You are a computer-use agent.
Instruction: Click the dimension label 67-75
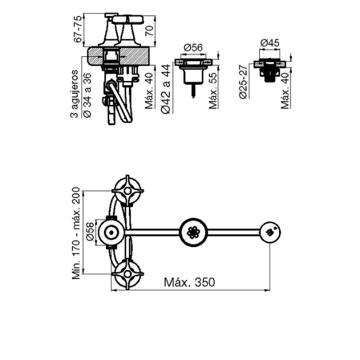[78, 29]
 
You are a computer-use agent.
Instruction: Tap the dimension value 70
[149, 31]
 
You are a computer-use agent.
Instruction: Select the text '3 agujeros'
[74, 94]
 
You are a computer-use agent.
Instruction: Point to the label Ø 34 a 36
[87, 95]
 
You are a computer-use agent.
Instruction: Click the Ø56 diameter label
[193, 47]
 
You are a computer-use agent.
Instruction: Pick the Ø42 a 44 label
[166, 89]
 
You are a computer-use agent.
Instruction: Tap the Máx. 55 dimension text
[213, 91]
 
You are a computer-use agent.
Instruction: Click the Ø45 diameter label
[270, 43]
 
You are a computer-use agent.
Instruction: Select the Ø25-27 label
[243, 82]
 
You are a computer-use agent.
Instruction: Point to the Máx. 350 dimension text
[190, 282]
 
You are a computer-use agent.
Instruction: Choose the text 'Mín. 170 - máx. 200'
[76, 233]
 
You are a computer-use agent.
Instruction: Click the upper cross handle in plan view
[127, 191]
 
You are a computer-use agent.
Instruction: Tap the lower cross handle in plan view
[127, 274]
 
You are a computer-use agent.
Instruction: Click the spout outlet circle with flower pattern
[193, 232]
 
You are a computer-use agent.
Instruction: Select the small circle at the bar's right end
[270, 232]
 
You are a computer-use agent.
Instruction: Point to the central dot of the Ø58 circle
[112, 233]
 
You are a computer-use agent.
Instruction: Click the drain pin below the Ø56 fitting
[193, 91]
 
